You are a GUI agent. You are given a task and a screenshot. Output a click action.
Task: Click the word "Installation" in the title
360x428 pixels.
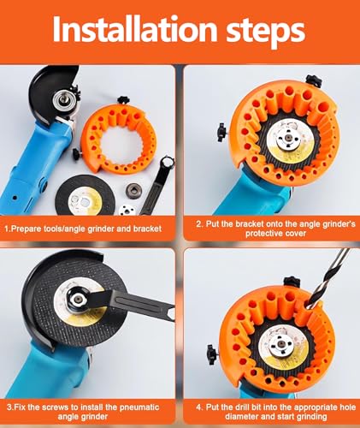[136, 28]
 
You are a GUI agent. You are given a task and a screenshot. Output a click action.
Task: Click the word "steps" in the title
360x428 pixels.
[266, 32]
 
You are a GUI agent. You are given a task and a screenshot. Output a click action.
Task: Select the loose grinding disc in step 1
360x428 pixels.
[85, 195]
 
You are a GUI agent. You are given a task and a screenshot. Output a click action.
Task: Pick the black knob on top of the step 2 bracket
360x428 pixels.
[314, 81]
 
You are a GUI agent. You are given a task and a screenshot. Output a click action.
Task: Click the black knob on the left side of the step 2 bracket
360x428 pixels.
[221, 132]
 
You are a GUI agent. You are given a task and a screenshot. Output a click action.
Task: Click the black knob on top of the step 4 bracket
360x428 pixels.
[292, 282]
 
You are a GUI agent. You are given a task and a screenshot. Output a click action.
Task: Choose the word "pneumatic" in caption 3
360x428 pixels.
[140, 407]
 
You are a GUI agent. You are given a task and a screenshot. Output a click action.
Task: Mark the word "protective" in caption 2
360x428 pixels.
[263, 234]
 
